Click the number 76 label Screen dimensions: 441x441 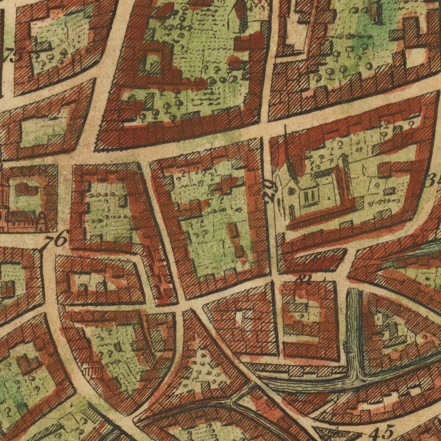(56, 240)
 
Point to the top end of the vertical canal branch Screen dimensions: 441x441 (354, 291)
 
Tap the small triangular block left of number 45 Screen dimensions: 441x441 (329, 431)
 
